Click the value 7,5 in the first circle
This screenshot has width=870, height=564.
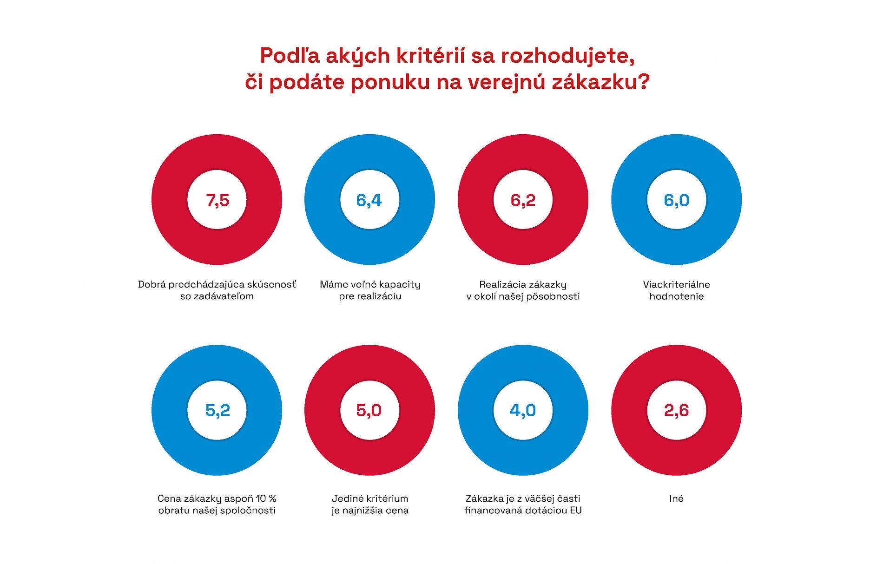click(x=217, y=200)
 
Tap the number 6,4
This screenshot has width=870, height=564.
click(x=369, y=200)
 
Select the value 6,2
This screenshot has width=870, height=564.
click(x=523, y=200)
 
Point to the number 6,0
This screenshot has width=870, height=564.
click(x=676, y=200)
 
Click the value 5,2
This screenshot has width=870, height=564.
click(x=217, y=410)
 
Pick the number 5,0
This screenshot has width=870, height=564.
click(x=369, y=410)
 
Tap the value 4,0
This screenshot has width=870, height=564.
click(x=523, y=410)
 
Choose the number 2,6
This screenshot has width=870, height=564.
click(x=676, y=410)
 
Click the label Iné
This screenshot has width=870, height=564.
click(x=676, y=498)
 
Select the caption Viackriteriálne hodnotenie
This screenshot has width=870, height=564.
click(x=676, y=290)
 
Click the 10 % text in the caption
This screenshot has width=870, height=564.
click(x=266, y=498)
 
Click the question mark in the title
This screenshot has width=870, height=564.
click(x=643, y=82)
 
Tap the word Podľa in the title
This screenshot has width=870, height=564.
click(x=290, y=56)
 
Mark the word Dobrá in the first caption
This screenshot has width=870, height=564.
click(x=152, y=284)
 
